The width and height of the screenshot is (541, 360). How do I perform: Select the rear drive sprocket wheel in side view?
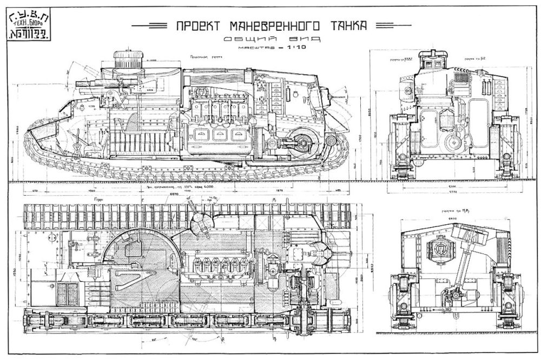tap(301, 142)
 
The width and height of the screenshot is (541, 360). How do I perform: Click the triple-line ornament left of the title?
tap(149, 25)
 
